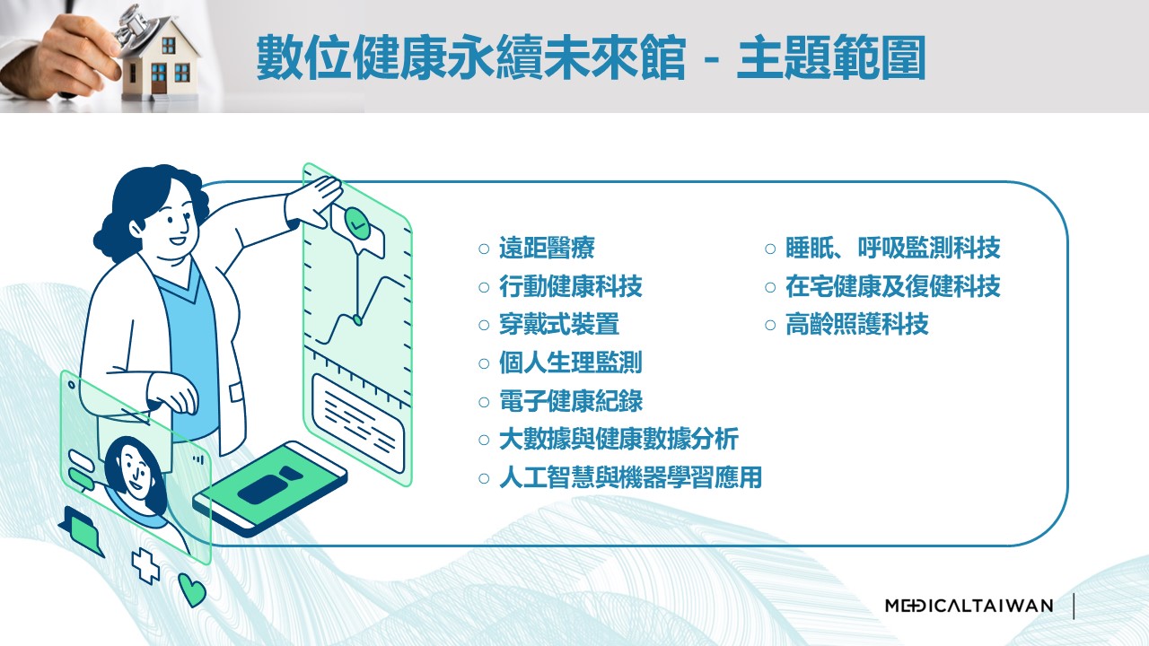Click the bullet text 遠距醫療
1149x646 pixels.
pyautogui.click(x=547, y=249)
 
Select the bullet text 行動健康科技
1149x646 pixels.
pyautogui.click(x=570, y=286)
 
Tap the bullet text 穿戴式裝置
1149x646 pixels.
pyautogui.click(x=559, y=325)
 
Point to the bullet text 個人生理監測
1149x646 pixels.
pyautogui.click(x=570, y=363)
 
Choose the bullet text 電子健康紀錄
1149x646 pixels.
pyautogui.click(x=570, y=401)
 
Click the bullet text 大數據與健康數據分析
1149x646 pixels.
pyautogui.click(x=618, y=440)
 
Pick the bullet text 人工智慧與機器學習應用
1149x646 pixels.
pyautogui.click(x=630, y=478)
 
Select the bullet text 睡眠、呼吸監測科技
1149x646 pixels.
pyautogui.click(x=892, y=249)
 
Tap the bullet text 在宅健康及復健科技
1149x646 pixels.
pyautogui.click(x=892, y=286)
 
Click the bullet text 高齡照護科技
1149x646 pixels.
pyautogui.click(x=856, y=325)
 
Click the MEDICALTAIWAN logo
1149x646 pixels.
pyautogui.click(x=969, y=606)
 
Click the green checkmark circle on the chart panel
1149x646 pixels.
pyautogui.click(x=357, y=223)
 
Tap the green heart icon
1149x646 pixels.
pyautogui.click(x=192, y=590)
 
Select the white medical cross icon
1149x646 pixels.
pyautogui.click(x=145, y=565)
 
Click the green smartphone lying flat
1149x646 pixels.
pyautogui.click(x=270, y=487)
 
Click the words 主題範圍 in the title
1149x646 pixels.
pyautogui.click(x=831, y=57)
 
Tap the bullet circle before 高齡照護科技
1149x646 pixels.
pyautogui.click(x=770, y=325)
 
